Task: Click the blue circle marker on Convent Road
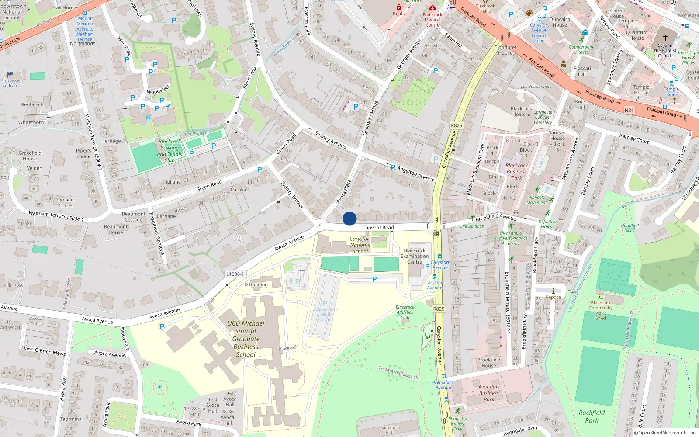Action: (349, 218)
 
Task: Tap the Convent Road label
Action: (378, 228)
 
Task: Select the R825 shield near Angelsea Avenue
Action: (456, 125)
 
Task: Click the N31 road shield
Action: (629, 110)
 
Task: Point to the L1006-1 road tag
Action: (235, 274)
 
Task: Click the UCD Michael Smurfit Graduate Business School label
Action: (246, 339)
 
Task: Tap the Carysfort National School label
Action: (360, 245)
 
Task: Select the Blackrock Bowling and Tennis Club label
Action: (170, 151)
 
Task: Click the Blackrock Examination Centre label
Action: (415, 256)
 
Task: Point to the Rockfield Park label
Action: (592, 416)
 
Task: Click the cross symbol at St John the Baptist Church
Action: (665, 38)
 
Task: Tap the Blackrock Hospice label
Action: (521, 111)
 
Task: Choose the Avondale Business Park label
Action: (489, 393)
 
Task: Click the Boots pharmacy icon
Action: (399, 7)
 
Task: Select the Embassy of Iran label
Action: (10, 83)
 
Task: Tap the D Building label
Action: (256, 284)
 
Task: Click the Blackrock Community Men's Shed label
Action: (601, 310)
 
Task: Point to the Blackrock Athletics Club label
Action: (405, 312)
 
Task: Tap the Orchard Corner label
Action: (66, 202)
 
